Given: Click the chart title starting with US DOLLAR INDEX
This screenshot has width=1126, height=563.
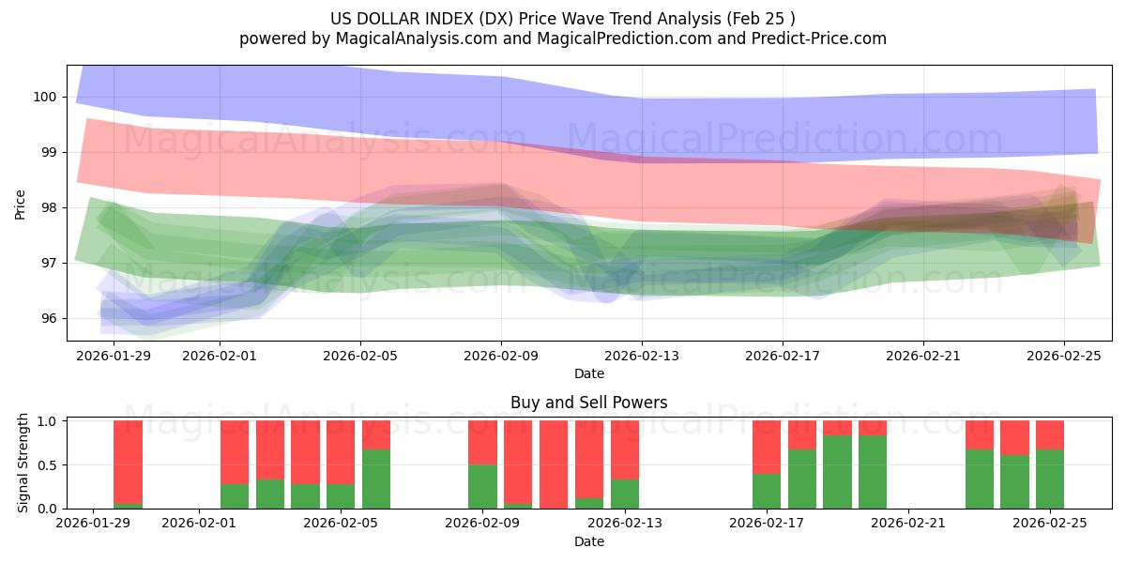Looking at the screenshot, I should (x=562, y=18).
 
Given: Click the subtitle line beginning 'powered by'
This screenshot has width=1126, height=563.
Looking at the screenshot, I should (x=562, y=38).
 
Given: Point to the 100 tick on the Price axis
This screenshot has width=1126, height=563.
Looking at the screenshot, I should (x=45, y=97).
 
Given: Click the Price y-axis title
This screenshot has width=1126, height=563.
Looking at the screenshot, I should (x=20, y=204).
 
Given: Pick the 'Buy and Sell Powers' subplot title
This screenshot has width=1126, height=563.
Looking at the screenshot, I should (x=588, y=403).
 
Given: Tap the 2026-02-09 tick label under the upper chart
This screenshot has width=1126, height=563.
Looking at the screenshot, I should (x=501, y=356).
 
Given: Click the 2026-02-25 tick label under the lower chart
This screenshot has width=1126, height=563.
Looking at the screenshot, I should (x=1051, y=524).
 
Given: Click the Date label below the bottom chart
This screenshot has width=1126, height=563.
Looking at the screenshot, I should (x=588, y=541).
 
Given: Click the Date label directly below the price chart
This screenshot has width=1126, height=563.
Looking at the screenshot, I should (x=588, y=373).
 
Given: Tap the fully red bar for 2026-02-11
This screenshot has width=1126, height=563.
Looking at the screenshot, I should (x=554, y=464).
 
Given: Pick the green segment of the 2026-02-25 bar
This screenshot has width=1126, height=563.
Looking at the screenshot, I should (x=1050, y=479).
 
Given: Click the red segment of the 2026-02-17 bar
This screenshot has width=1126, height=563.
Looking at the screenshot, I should (x=767, y=447).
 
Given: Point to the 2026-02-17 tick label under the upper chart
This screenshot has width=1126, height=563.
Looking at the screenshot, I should (x=783, y=356).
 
